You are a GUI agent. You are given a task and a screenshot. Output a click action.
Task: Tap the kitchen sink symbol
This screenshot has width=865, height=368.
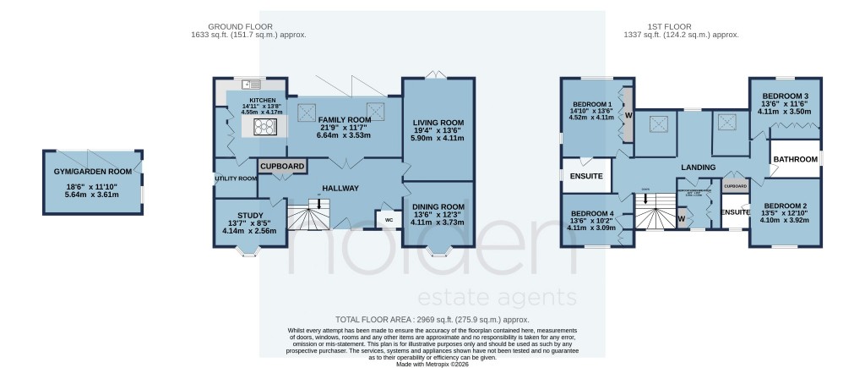tap(253, 84)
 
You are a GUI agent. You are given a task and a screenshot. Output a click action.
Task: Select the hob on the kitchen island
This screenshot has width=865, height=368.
tap(263, 127)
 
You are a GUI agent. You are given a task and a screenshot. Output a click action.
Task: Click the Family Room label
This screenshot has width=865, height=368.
tap(333, 120)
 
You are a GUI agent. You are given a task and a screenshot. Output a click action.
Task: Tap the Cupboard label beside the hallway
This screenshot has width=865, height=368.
tap(282, 167)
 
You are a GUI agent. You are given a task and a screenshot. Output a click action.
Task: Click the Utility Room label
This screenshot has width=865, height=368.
tap(237, 179)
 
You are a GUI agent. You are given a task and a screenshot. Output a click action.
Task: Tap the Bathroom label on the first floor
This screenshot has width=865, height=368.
tap(796, 160)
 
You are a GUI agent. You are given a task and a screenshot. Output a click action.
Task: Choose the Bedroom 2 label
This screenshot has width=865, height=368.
tap(785, 206)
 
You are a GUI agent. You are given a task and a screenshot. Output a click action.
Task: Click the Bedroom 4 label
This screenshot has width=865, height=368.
tap(592, 213)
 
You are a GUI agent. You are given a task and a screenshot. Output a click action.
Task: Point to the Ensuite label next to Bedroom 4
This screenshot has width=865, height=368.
tap(586, 177)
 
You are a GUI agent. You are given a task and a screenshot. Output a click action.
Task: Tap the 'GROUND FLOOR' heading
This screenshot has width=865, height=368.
tap(248, 26)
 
